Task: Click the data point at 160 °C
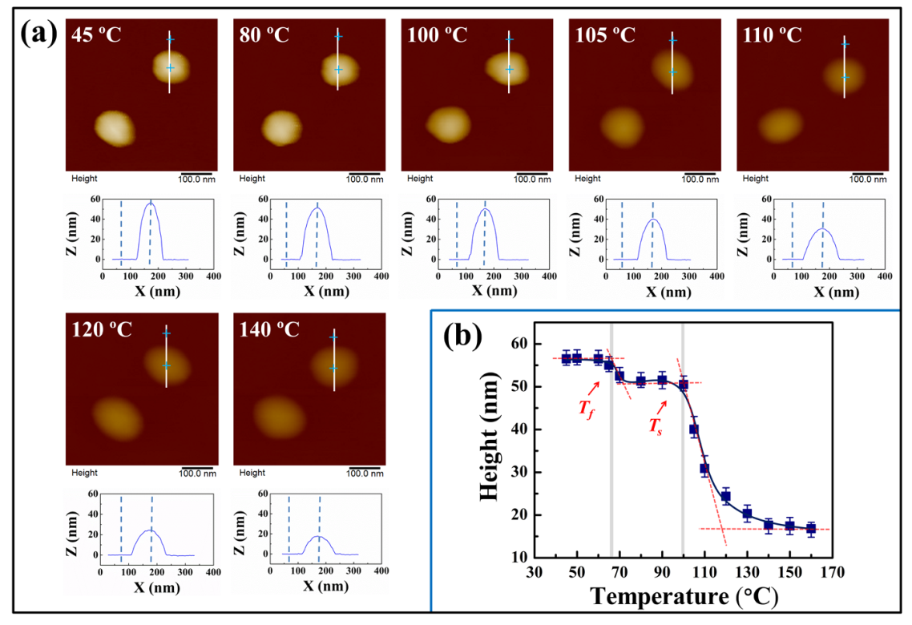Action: pyautogui.click(x=810, y=529)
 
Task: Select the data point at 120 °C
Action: pyautogui.click(x=725, y=497)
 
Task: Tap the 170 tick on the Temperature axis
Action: pyautogui.click(x=832, y=575)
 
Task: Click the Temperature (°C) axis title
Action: pyautogui.click(x=683, y=598)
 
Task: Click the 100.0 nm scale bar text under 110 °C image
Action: pyautogui.click(x=867, y=179)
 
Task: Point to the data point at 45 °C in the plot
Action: pyautogui.click(x=566, y=358)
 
